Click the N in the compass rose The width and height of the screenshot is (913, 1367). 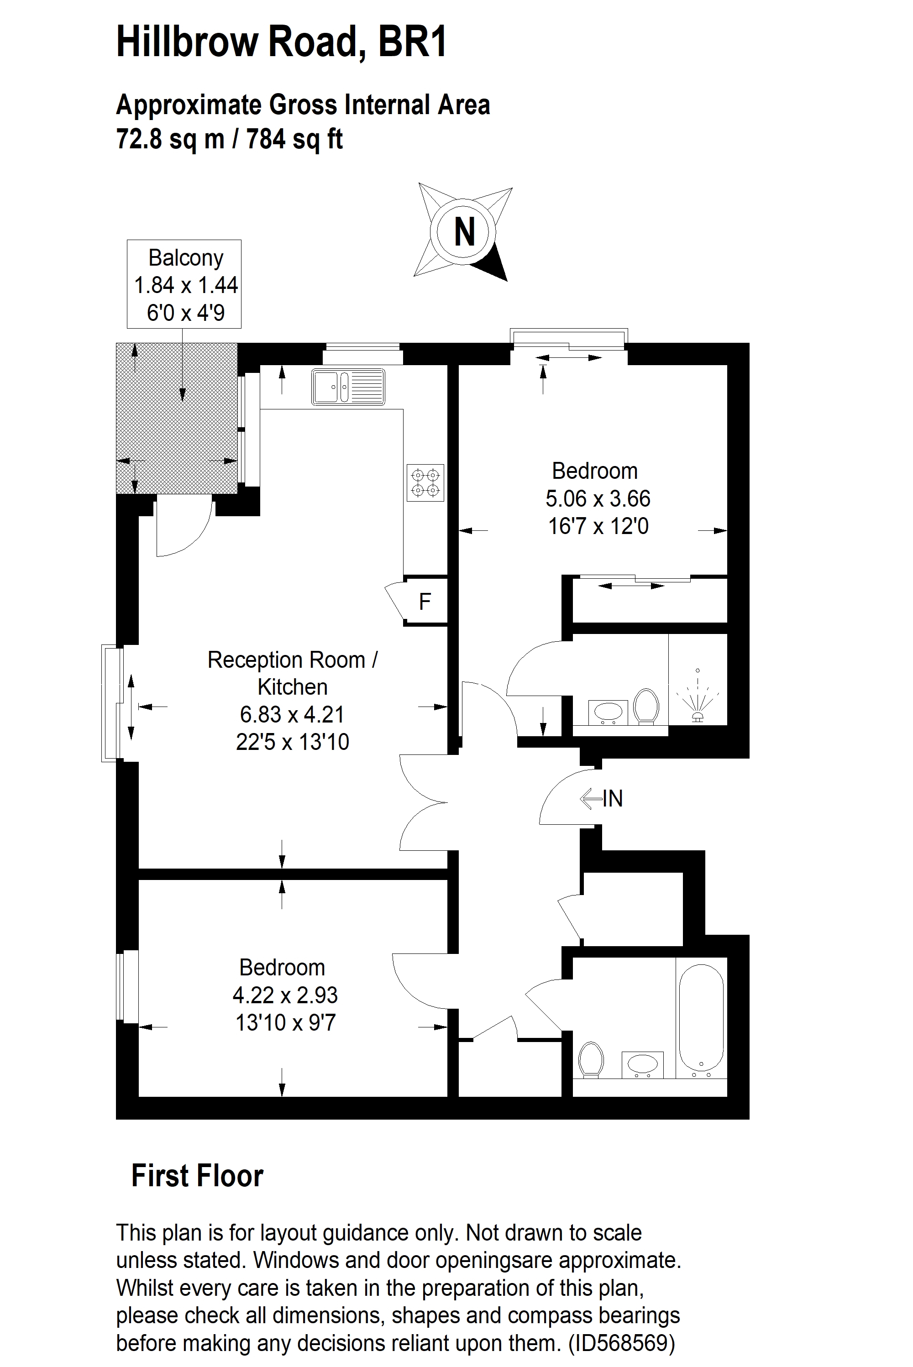[x=464, y=232]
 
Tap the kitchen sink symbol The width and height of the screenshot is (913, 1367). [x=348, y=387]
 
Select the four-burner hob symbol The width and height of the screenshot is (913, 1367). [x=425, y=482]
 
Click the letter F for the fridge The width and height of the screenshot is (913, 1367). [x=425, y=602]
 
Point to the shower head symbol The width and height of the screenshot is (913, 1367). [x=698, y=696]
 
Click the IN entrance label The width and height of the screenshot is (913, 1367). [x=613, y=799]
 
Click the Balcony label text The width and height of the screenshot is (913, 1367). [x=186, y=258]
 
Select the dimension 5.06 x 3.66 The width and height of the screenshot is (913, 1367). [x=598, y=499]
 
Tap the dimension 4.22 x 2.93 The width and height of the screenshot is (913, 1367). [x=285, y=995]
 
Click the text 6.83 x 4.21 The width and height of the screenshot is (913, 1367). [x=292, y=714]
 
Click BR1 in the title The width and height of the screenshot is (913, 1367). [x=412, y=42]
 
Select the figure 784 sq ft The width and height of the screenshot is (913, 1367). [x=294, y=139]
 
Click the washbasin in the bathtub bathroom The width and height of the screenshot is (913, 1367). [x=642, y=1064]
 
